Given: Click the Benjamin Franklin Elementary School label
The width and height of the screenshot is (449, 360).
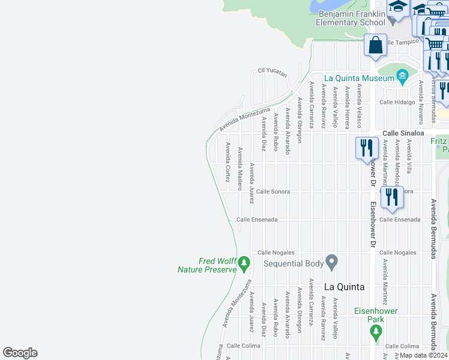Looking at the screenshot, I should tap(351, 17).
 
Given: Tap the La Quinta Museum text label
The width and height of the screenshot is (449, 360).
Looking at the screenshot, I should tap(358, 77).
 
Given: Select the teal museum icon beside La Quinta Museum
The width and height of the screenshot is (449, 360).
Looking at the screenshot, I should tap(401, 76).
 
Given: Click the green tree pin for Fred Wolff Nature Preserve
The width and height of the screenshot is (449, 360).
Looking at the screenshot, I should tap(244, 262).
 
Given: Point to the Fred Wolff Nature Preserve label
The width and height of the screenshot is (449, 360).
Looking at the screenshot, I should tap(207, 265).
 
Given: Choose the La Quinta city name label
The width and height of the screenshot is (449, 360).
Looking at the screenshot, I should tap(345, 287).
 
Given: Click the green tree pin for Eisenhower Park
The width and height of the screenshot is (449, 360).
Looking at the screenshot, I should tap(376, 332).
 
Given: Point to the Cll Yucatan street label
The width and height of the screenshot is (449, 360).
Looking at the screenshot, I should tap(272, 71).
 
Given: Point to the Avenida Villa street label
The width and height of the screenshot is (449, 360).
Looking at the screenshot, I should tap(409, 157).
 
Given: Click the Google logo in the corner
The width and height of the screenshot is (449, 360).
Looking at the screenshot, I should tap(20, 353).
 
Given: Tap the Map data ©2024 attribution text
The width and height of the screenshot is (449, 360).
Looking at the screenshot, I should tap(423, 355).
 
